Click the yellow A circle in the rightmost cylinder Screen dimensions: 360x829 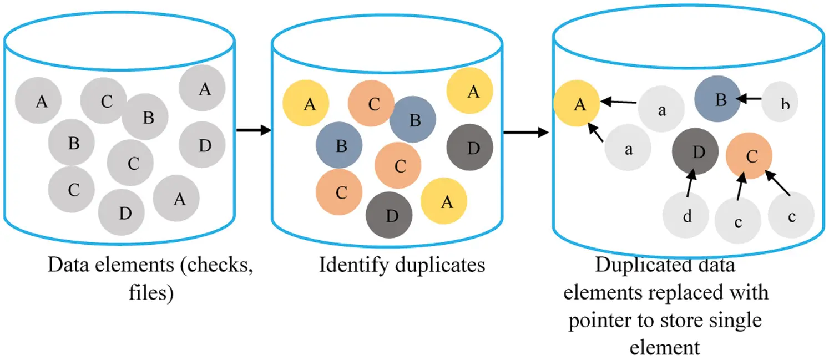[577, 104]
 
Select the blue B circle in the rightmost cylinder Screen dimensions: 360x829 [717, 99]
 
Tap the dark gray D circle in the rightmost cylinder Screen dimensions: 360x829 [695, 151]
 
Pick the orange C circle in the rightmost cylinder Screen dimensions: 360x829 [749, 156]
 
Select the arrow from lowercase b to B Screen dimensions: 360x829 [749, 99]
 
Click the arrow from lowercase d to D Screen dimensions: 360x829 [690, 185]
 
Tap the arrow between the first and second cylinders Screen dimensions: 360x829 [253, 130]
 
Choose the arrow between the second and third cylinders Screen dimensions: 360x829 [525, 133]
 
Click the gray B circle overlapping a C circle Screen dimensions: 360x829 [145, 117]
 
